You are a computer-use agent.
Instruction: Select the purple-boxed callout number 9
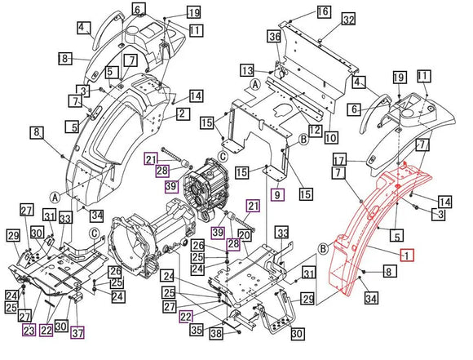[277, 195]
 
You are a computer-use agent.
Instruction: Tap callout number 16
[324, 11]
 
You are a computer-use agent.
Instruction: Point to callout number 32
[348, 19]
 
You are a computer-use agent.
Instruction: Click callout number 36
[275, 37]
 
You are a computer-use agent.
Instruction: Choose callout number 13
[246, 70]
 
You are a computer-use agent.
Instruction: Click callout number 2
[181, 114]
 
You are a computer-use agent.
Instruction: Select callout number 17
[339, 159]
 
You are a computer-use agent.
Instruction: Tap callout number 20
[244, 236]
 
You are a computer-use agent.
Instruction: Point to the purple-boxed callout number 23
[29, 330]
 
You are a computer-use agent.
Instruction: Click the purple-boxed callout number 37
[77, 331]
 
